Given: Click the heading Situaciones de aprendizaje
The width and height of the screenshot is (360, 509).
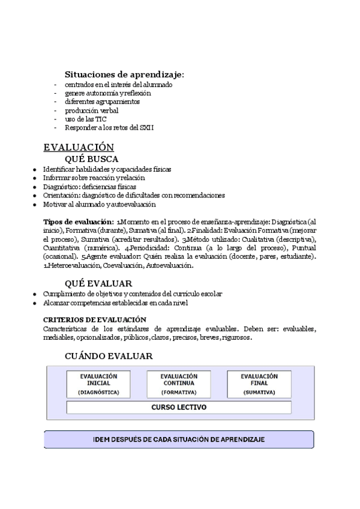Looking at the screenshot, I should tap(124, 74).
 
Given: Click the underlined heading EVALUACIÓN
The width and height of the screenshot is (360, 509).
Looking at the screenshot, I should tap(79, 147).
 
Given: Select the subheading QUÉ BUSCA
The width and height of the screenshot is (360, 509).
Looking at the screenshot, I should tap(91, 159).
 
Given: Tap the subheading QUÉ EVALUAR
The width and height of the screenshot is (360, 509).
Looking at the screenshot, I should tap(98, 283).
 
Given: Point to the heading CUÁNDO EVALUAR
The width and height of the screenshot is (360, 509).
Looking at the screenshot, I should tap(109, 356).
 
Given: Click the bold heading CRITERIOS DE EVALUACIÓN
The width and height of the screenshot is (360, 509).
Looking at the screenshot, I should tap(95, 320).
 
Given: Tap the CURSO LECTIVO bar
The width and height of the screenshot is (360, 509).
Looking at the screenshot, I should tap(179, 408).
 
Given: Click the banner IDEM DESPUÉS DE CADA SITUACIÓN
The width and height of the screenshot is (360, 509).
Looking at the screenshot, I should tap(179, 439).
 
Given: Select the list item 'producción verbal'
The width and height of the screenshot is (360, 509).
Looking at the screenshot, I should tap(92, 110).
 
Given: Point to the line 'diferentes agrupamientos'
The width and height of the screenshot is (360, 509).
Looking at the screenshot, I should tap(103, 101).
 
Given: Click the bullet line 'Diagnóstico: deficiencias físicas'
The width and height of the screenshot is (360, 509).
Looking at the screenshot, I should tap(89, 187).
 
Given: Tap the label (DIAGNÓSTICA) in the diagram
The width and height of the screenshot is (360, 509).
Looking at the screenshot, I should tap(98, 392).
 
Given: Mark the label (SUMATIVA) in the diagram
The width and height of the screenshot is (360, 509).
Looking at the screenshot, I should tap(259, 392).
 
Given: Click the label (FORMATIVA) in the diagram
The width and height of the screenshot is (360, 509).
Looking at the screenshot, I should tap(179, 392).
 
